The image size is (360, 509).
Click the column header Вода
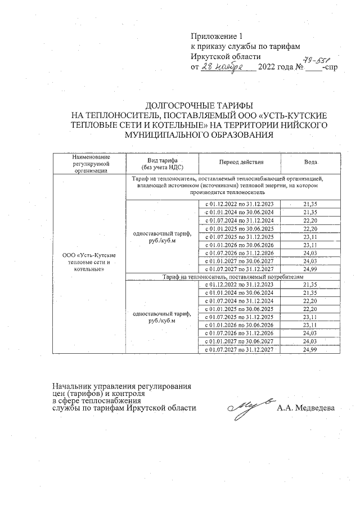click(x=310, y=162)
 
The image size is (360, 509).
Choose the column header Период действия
click(x=241, y=162)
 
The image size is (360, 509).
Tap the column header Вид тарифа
click(x=162, y=162)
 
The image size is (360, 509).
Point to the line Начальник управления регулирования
click(x=122, y=386)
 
